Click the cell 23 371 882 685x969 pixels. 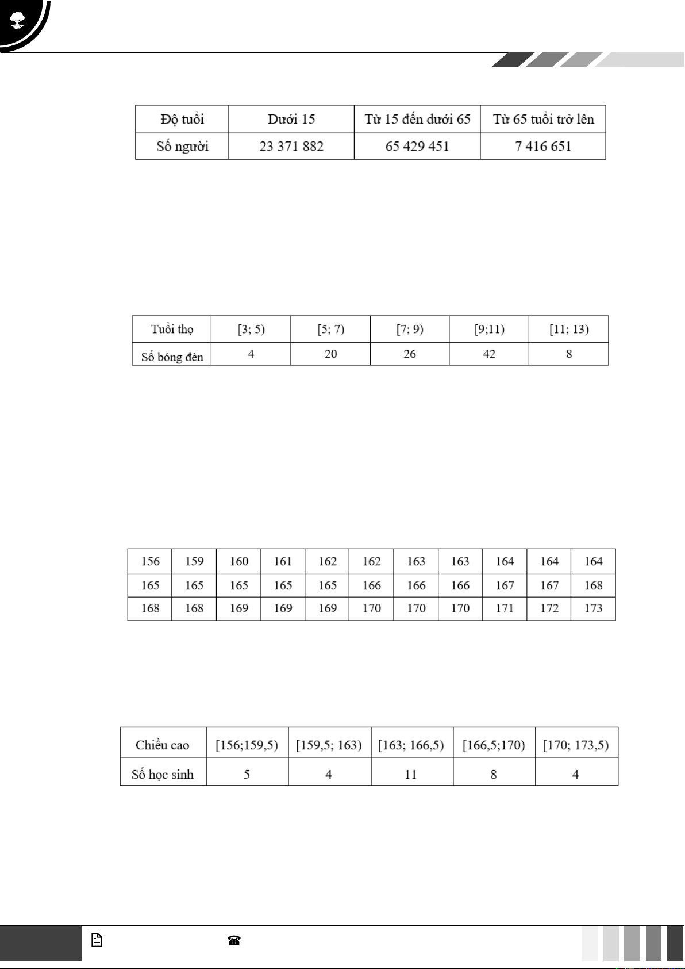[x=291, y=147]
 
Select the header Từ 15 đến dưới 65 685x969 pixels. [x=417, y=120]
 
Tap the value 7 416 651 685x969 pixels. [x=543, y=147]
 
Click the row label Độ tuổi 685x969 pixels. [x=182, y=120]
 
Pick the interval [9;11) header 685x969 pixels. [x=489, y=330]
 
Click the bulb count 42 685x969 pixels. [x=489, y=354]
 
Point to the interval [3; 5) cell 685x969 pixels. [x=251, y=330]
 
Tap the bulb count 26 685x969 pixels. [x=410, y=354]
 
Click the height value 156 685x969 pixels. [x=150, y=562]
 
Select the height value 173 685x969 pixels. [x=593, y=608]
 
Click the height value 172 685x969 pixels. [x=549, y=608]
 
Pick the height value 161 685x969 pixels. [x=283, y=562]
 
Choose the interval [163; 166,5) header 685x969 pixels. [x=411, y=745]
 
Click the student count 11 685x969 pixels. [x=411, y=775]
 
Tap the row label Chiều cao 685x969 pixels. [x=163, y=745]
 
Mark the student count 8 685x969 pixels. [x=494, y=775]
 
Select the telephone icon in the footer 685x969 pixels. [x=234, y=941]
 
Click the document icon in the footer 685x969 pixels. [x=97, y=941]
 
